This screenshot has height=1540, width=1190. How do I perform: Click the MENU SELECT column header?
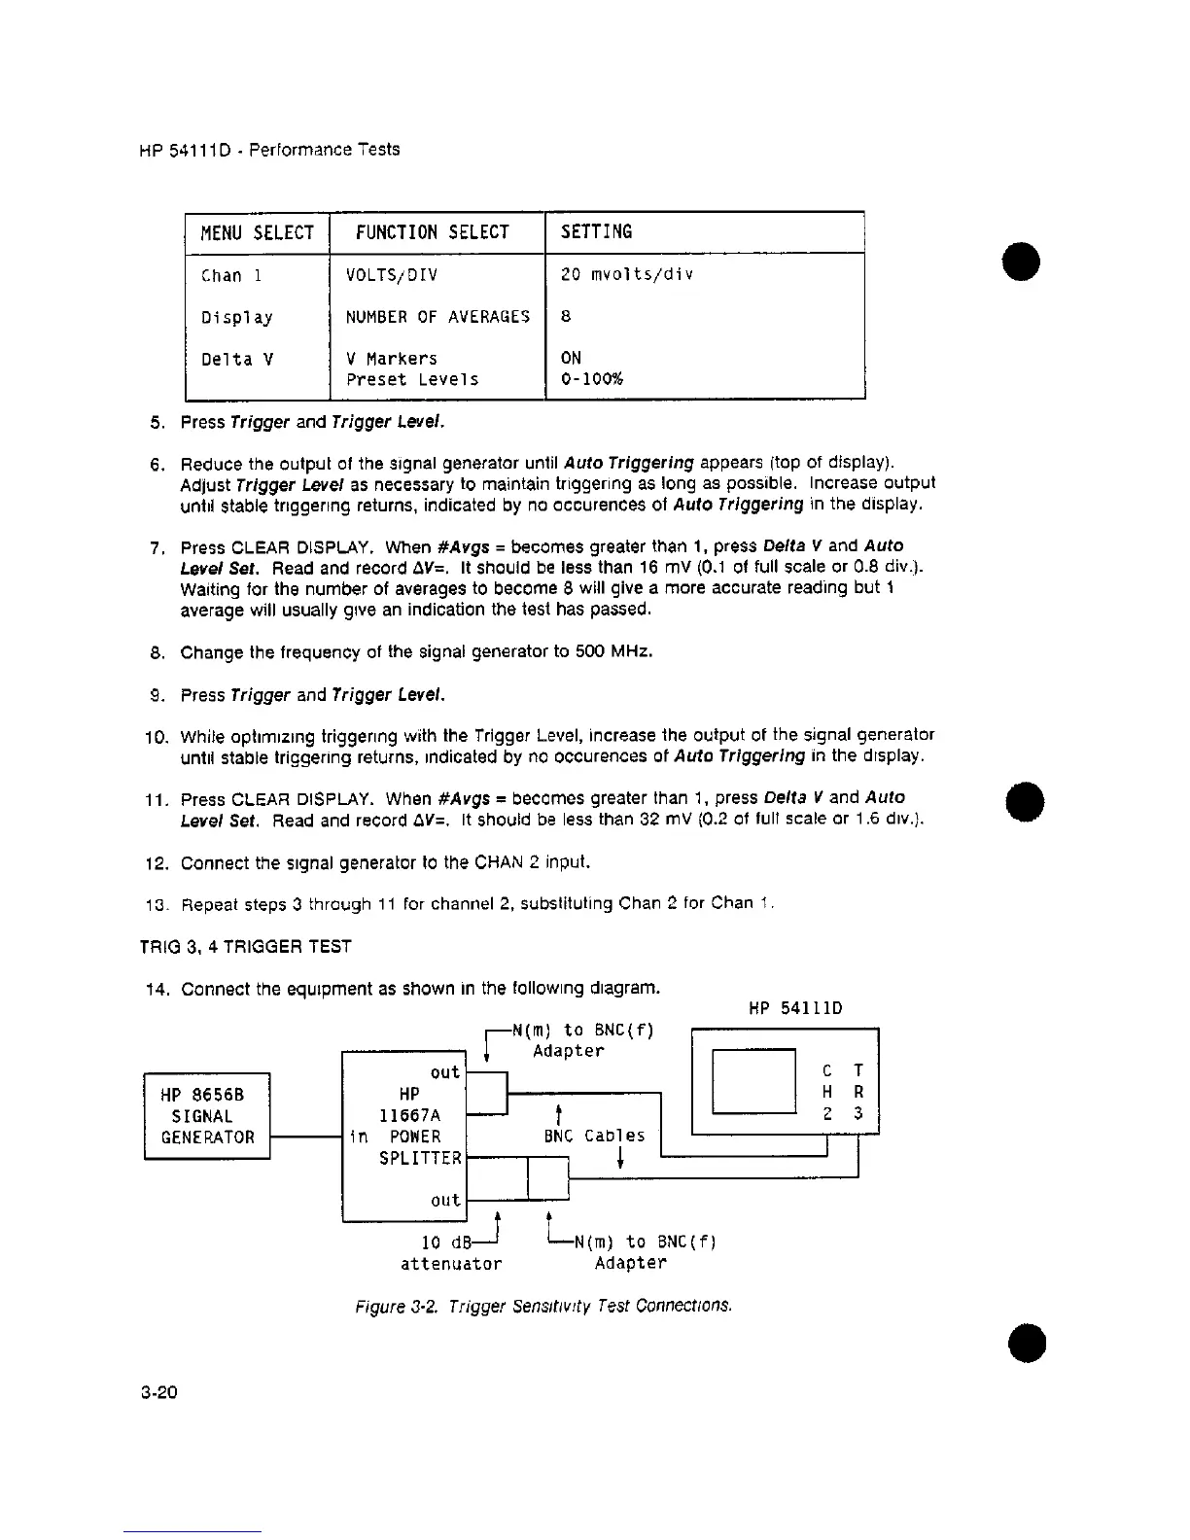point(257,233)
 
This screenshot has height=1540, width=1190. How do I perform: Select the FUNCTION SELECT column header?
point(433,232)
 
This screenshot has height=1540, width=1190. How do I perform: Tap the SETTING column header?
point(597,231)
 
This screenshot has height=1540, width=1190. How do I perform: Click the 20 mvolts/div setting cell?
point(627,274)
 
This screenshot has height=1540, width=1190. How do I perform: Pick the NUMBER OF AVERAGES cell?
point(437,316)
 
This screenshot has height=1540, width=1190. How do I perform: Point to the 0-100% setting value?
point(592,379)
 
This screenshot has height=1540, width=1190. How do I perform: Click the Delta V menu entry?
point(237,360)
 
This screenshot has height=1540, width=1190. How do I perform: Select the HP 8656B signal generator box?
point(207,1115)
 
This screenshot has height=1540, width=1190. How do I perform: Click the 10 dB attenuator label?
point(451,1253)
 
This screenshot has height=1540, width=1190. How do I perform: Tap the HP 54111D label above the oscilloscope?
point(795,1008)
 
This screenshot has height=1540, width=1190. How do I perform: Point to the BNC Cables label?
point(594,1136)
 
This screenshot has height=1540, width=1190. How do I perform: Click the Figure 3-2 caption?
point(542,1305)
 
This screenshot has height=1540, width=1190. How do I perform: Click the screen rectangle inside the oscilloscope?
point(753,1081)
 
